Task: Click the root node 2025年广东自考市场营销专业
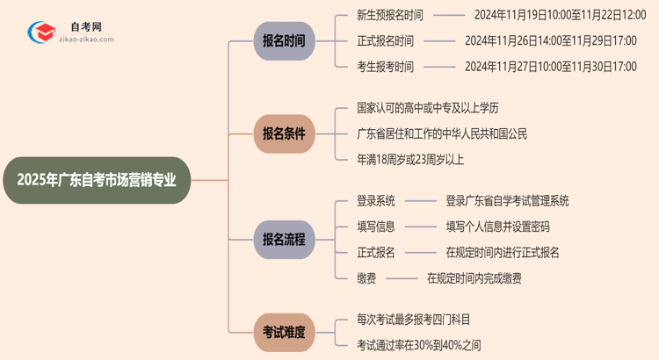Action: coord(96,180)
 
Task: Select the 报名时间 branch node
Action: coord(283,40)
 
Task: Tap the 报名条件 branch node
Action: coord(283,133)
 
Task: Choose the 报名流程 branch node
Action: coord(283,239)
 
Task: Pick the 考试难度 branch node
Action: coord(283,332)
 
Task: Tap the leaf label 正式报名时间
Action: coord(386,40)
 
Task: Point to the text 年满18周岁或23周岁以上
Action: coord(409,159)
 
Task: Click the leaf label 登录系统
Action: coord(376,201)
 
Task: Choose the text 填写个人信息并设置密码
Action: coord(497,227)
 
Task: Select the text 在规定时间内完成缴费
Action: coord(474,277)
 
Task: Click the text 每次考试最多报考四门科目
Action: coord(419,320)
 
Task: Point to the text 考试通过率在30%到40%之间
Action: coord(419,345)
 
